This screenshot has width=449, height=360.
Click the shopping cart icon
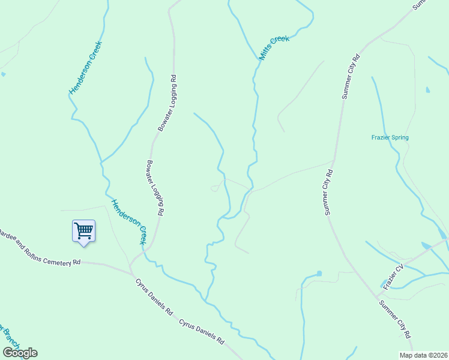pos(83,230)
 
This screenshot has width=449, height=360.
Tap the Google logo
pos(20,353)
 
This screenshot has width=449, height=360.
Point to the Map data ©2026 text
pos(423,355)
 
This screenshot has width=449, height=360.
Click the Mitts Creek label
pos(274,48)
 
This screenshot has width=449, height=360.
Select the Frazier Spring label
pos(390,137)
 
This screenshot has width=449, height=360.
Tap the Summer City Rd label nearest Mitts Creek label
pos(350,76)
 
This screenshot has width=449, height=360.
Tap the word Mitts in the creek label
pos(265,53)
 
